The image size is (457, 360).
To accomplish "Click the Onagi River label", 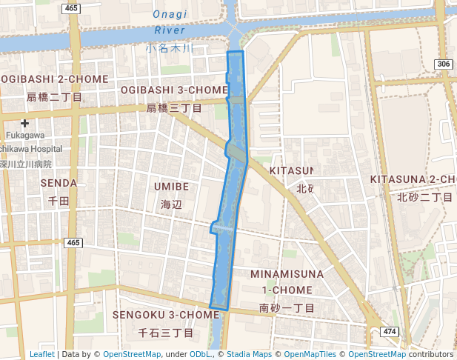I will pos(170,22).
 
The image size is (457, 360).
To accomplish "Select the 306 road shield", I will pos(443,65).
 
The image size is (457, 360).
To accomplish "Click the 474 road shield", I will pos(390,330).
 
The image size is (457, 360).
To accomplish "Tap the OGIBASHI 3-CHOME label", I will pos(174,90).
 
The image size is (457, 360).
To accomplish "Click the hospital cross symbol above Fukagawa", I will pos(25,123).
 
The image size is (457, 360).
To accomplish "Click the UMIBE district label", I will pos(171,187).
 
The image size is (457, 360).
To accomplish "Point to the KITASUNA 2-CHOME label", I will pos(413,180).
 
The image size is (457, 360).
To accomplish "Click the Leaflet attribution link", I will pos(41,354).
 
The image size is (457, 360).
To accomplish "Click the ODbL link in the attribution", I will pos(201,354).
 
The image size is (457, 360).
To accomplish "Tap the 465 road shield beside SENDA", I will pos(73,243).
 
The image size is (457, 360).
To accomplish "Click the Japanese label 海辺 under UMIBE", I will pos(171,204).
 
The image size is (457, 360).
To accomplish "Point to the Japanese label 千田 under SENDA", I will pos(59,200).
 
